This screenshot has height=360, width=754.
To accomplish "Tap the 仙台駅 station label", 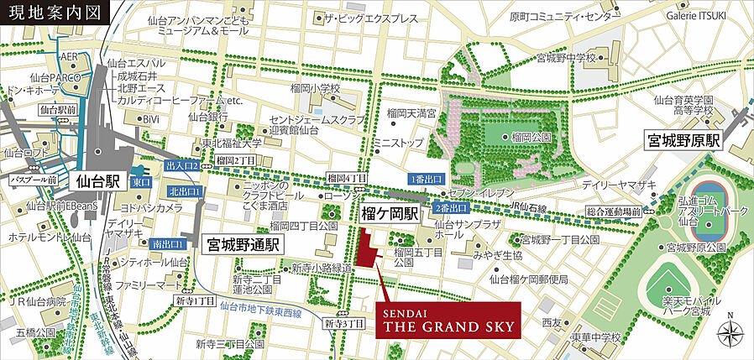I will pyautogui.click(x=99, y=180).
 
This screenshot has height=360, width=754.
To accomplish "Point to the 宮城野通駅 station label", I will pyautogui.click(x=243, y=244).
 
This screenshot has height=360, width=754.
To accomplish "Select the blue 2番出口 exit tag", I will pyautogui.click(x=450, y=207).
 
